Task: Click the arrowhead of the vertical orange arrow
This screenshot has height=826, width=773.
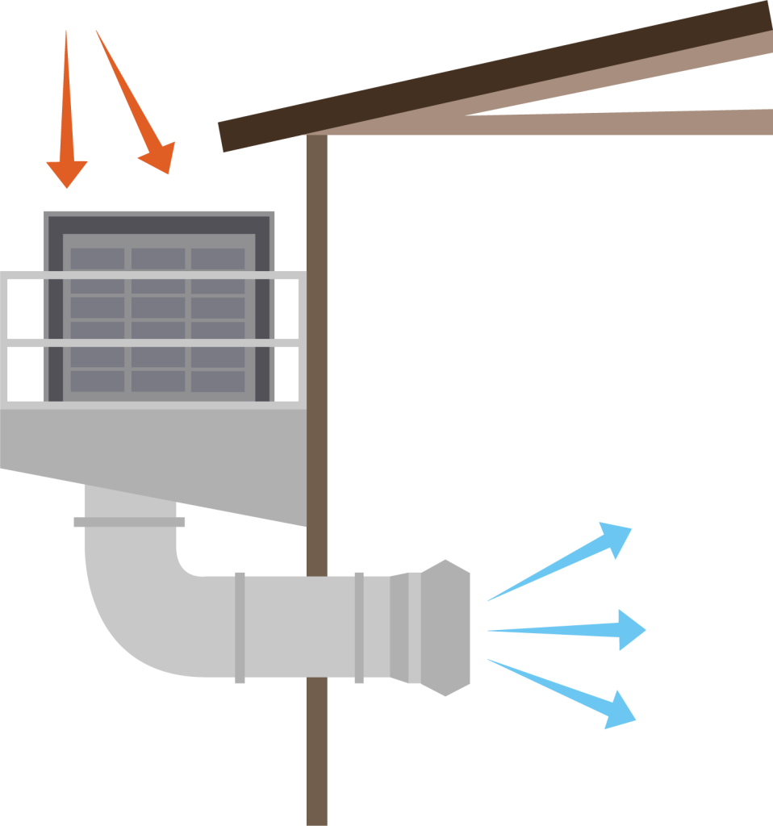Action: (x=66, y=172)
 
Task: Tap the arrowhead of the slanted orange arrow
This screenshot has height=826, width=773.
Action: (x=160, y=157)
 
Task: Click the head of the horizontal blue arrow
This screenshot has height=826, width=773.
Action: (x=630, y=629)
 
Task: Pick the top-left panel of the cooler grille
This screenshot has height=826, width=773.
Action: (x=97, y=259)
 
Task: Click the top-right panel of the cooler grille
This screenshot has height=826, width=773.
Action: (x=218, y=259)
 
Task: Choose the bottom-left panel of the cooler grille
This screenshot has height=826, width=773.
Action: (x=97, y=380)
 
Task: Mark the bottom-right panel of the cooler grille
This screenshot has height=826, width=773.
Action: (x=218, y=380)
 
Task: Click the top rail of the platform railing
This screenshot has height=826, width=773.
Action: (x=153, y=277)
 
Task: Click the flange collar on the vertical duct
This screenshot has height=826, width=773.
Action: (x=129, y=522)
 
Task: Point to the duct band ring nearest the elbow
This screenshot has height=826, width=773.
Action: (x=240, y=628)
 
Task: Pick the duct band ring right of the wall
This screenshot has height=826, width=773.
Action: (x=359, y=628)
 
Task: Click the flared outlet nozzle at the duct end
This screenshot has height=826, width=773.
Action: (x=444, y=628)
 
